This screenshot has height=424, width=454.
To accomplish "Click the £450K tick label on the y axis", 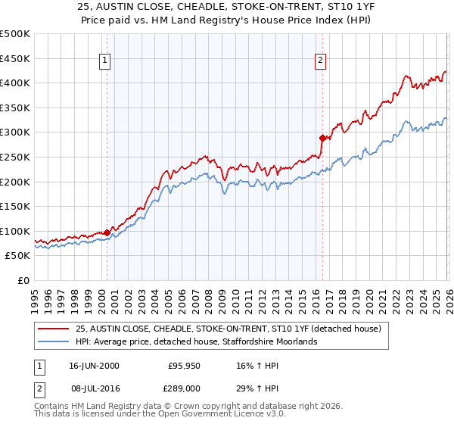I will [15, 58].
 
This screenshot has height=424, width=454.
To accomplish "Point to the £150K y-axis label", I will [15, 206].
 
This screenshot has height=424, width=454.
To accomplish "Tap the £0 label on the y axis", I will [23, 280].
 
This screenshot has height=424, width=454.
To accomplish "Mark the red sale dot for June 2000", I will [107, 232].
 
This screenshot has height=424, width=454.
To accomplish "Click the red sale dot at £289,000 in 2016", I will [322, 138].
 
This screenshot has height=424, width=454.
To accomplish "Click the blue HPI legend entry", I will [197, 341].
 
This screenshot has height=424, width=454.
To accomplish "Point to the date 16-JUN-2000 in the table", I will [94, 366].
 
